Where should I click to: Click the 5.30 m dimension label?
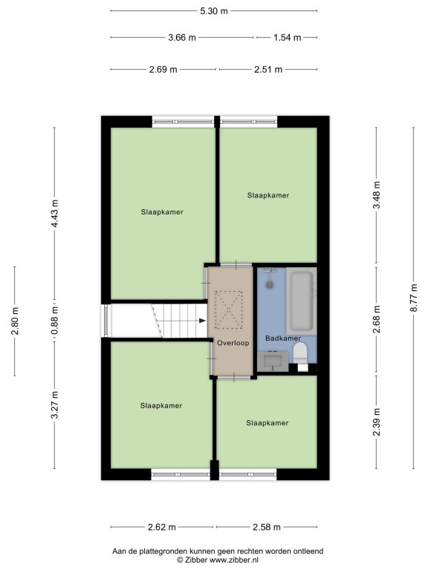coord(214,11)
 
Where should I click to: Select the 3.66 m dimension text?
coord(182,37)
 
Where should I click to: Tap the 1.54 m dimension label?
coord(287,37)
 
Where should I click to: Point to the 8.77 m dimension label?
coord(413,298)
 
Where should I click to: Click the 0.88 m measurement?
coord(54,321)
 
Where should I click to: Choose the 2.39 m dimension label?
coord(377,422)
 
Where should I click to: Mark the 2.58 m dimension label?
coord(267,527)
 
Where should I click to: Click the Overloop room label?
coord(233,343)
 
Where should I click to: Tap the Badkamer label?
coord(283,338)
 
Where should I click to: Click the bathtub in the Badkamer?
coord(302,301)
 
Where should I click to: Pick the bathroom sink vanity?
coord(273,361)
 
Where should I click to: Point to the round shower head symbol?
coord(270,284)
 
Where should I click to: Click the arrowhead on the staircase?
coord(202,321)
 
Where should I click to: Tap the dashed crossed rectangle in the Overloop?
coord(229,309)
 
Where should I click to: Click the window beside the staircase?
coord(106,321)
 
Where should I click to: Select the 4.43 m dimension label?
coord(54,214)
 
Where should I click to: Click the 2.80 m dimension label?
coord(15,321)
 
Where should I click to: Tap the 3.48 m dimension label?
coord(377,195)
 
